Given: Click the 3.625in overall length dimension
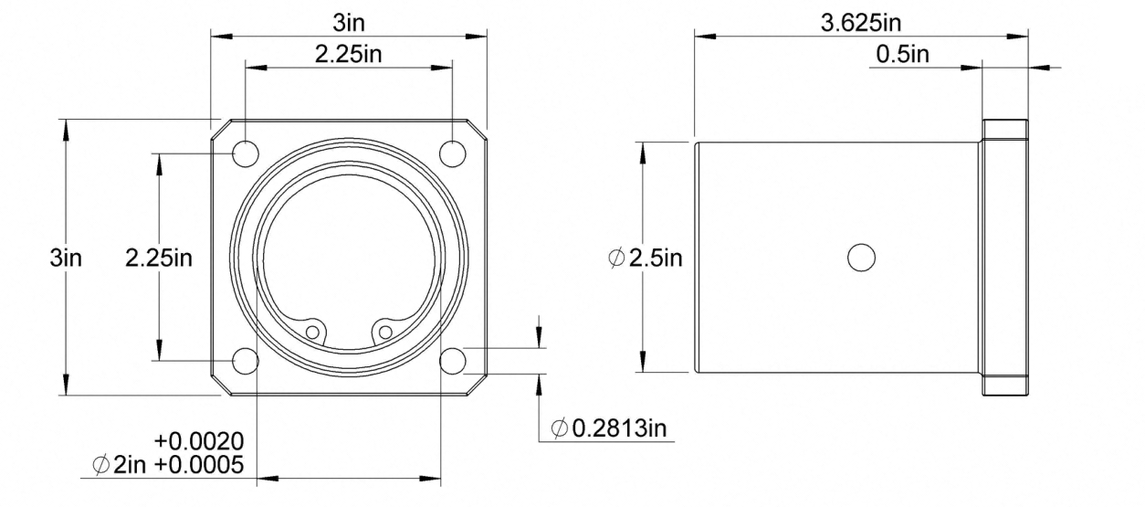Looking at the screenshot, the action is pos(861,23).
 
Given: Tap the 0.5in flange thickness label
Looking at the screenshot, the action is pos(903,54).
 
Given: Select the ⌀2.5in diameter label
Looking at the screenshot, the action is pos(646,258).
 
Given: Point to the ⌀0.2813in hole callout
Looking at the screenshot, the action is pos(609,428).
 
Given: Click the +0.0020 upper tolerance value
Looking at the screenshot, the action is pos(199,441).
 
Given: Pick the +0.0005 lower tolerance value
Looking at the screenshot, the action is pos(199,465).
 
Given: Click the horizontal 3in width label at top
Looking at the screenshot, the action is pos(349,23).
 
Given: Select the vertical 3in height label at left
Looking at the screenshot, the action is pos(66,258).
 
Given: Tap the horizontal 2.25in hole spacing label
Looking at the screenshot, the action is pos(348,54).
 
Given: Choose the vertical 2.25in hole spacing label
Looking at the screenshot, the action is pos(159,258).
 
